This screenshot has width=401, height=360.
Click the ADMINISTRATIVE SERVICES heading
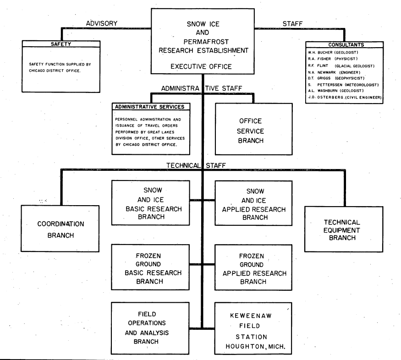point(150,107)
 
